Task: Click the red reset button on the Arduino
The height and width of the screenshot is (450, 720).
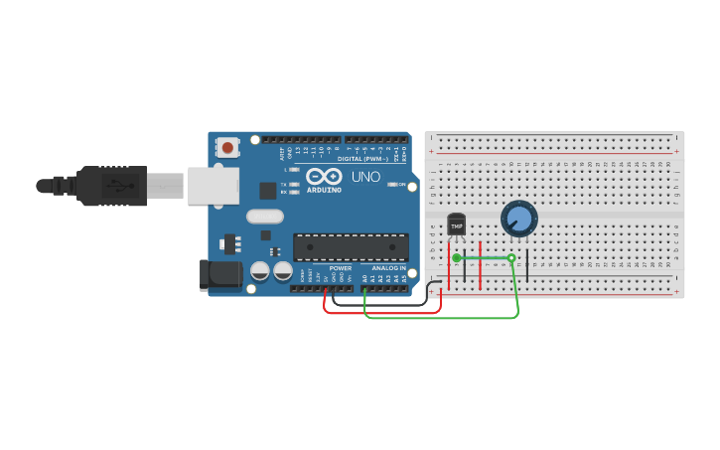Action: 228,148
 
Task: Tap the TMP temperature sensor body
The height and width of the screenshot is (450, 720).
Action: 457,225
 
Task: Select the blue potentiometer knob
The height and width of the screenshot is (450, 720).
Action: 518,217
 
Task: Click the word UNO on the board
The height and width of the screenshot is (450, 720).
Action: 365,177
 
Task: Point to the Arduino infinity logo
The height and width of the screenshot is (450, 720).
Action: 324,176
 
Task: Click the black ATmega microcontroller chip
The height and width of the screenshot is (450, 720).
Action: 351,247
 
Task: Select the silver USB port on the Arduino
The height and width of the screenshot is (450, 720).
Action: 215,186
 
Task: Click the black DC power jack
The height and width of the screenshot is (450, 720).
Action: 220,275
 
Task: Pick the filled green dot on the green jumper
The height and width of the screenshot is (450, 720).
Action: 457,258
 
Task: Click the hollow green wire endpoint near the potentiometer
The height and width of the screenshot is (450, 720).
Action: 511,258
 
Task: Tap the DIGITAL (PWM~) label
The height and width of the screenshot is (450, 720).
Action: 363,159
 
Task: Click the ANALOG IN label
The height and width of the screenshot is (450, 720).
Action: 388,268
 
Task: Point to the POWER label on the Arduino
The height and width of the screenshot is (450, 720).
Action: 341,268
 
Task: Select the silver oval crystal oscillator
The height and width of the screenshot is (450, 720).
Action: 265,216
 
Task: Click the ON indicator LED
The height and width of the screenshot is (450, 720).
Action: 393,185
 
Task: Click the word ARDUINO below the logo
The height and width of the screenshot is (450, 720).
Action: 324,190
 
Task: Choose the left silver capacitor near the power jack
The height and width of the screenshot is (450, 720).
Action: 260,270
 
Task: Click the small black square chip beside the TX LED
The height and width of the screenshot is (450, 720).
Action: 268,190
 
